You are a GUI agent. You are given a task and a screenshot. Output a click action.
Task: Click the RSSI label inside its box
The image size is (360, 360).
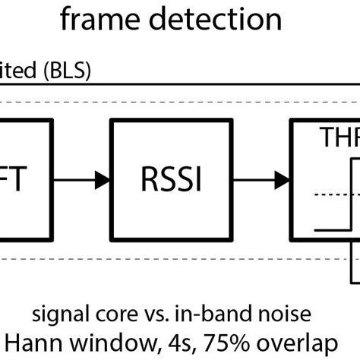pyautogui.click(x=171, y=181)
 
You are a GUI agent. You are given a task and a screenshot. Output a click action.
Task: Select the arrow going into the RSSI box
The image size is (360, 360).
pyautogui.click(x=84, y=181)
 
